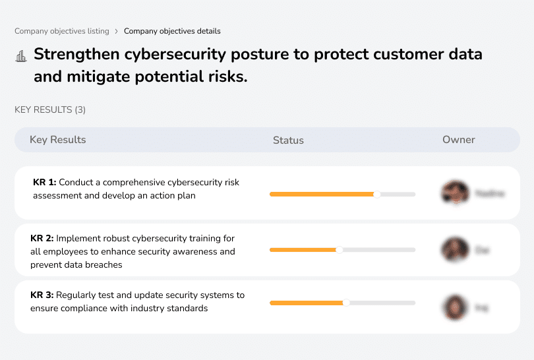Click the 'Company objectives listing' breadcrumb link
tap(62, 31)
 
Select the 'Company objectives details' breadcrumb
tap(172, 31)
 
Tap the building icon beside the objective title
tap(20, 56)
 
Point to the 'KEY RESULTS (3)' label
tap(50, 109)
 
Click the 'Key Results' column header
tap(57, 140)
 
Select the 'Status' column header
tap(288, 140)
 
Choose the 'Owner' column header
tap(458, 140)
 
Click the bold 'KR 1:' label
tap(45, 183)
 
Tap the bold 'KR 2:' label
tap(42, 238)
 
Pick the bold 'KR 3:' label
tap(42, 295)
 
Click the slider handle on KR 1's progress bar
tap(377, 194)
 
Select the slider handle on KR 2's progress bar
tap(340, 250)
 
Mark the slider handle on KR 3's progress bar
tap(346, 303)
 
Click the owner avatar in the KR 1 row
tap(455, 193)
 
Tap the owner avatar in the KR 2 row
tap(455, 250)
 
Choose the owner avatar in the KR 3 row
tap(455, 307)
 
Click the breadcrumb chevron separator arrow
tap(117, 31)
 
